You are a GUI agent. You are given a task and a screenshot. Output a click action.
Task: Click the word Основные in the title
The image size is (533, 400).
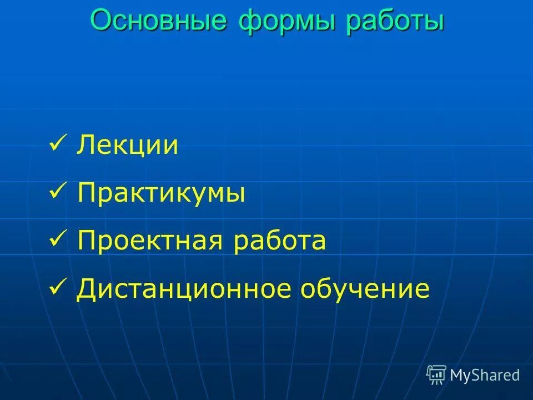pos(158,21)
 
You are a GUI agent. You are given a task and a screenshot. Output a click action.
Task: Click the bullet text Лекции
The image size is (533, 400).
pos(128,146)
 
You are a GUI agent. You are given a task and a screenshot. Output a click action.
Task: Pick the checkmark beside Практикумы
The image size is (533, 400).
pos(58,192)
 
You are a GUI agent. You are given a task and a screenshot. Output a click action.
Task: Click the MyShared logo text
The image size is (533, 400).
pos(484,375)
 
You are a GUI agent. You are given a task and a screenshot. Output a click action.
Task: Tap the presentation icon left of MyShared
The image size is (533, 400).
pos(436,375)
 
